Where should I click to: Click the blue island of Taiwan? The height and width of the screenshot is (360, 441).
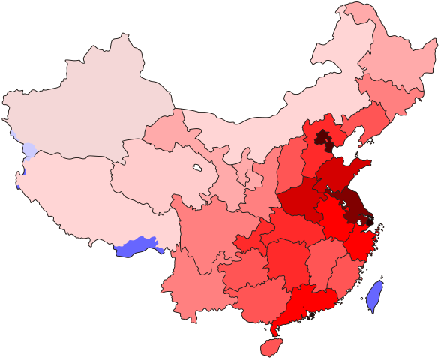tap(375, 295)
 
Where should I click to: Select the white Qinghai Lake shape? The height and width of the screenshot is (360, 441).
tap(197, 167)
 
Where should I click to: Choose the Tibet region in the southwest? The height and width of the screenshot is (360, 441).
tap(75, 195)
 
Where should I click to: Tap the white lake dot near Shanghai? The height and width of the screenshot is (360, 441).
tap(360, 223)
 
